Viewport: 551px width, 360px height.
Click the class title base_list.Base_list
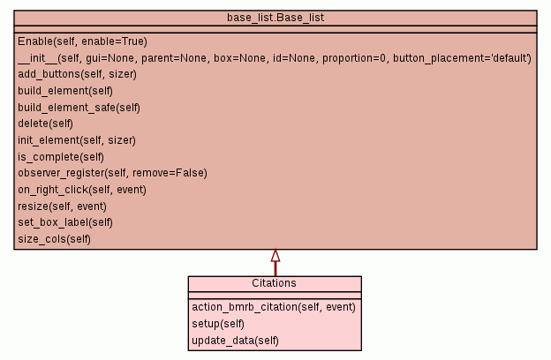[x=275, y=18]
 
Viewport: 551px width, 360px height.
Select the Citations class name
[x=274, y=283]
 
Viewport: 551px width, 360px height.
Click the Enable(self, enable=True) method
[x=82, y=41]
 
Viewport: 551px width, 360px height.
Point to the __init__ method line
[x=274, y=57]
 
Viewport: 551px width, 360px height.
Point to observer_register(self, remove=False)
[x=112, y=173]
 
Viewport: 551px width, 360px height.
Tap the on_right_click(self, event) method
[x=81, y=189]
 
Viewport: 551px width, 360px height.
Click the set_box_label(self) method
[x=65, y=222]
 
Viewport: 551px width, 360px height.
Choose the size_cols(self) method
[x=54, y=238]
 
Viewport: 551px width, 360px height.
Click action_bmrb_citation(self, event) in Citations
[x=273, y=307]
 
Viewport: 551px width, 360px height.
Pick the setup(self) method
[x=218, y=324]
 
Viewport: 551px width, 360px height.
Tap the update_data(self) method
[x=235, y=340]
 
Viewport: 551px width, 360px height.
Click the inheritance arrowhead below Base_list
[x=275, y=256]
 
